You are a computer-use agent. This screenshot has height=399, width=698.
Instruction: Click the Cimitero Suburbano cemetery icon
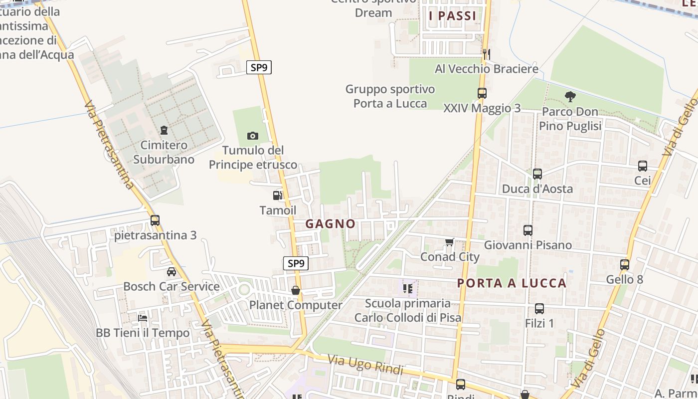[x=164, y=131]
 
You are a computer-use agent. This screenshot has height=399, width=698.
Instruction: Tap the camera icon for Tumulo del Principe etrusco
[x=253, y=136]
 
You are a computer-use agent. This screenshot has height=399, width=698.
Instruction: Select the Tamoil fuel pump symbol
[x=278, y=196]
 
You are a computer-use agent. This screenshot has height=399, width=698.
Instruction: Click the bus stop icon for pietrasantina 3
[x=155, y=220]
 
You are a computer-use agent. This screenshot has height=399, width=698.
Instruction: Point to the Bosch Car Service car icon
[x=172, y=272]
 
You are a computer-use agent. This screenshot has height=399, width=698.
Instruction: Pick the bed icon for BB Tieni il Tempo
[x=143, y=318]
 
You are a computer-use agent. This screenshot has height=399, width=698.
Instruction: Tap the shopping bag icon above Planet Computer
[x=296, y=290]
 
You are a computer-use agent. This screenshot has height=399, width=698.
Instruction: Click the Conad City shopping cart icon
[x=450, y=242]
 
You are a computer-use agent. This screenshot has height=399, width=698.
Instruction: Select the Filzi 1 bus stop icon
[x=539, y=309]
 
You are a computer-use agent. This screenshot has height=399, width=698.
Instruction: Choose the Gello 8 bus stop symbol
[x=625, y=265]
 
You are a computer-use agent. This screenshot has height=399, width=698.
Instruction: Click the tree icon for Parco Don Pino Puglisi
[x=570, y=97]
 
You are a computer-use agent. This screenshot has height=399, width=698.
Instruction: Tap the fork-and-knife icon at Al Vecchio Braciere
[x=487, y=53]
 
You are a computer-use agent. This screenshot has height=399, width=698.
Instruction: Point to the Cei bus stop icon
[x=643, y=166]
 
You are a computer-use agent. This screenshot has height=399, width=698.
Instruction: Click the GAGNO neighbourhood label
[x=331, y=224]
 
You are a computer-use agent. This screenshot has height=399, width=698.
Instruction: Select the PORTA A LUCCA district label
[x=512, y=283]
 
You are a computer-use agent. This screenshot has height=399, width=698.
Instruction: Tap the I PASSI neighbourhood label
[x=453, y=16]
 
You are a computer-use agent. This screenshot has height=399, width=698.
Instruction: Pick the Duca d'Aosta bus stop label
[x=537, y=189]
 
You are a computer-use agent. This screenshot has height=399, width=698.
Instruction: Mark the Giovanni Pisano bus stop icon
[x=528, y=230]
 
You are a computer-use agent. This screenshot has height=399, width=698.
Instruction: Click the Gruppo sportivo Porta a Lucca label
[x=390, y=96]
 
